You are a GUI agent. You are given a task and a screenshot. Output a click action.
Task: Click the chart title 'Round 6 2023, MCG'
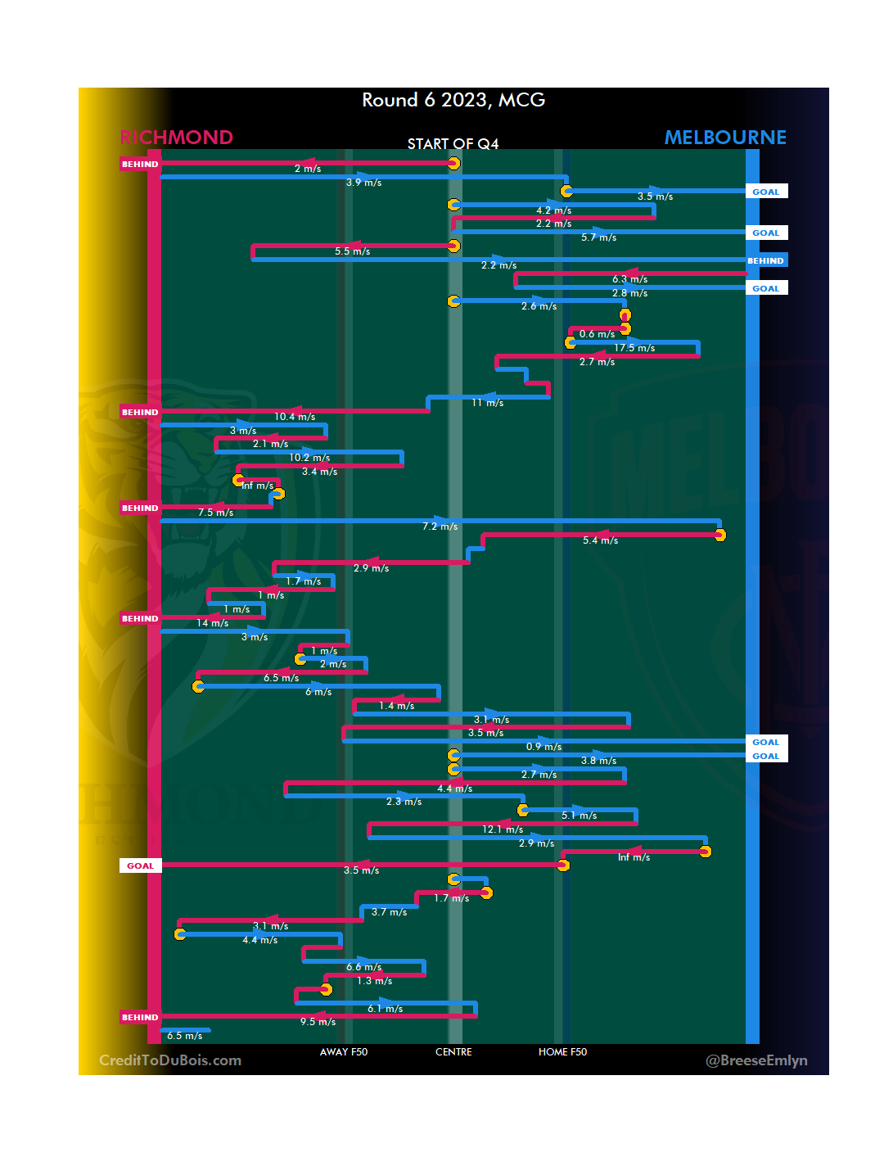(x=453, y=100)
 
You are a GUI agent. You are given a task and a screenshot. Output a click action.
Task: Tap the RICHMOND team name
(x=177, y=137)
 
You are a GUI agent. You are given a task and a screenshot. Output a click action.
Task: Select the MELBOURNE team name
(x=725, y=137)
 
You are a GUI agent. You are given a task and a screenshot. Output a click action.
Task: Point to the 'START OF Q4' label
(x=453, y=144)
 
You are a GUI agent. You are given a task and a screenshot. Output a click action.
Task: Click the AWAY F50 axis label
(x=344, y=1052)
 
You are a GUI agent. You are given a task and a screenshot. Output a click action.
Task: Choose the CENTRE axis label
(x=453, y=1052)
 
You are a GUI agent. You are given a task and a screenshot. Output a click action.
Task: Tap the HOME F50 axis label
(x=562, y=1052)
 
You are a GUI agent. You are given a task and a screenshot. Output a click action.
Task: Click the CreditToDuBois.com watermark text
(x=170, y=1060)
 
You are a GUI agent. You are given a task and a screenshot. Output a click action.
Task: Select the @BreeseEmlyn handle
(x=756, y=1060)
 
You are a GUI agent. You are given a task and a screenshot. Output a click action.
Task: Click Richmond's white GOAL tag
(x=140, y=865)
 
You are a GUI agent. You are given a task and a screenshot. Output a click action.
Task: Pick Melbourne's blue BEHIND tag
(x=766, y=260)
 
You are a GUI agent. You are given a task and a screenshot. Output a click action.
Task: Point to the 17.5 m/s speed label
(x=634, y=348)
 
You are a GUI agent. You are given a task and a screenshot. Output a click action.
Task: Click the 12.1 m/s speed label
(x=503, y=829)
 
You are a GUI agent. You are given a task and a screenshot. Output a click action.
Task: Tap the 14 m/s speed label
(x=213, y=623)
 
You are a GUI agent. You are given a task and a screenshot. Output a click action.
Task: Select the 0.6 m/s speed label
(x=597, y=334)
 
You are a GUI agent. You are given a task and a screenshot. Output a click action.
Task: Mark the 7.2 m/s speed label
(x=440, y=526)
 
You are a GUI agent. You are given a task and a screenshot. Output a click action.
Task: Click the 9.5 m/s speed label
(x=318, y=1022)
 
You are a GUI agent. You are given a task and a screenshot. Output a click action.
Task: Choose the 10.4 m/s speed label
(x=295, y=417)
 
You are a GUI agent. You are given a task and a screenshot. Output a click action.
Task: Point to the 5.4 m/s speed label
(x=600, y=540)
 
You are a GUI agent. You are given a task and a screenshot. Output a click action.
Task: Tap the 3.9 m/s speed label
(x=363, y=183)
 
